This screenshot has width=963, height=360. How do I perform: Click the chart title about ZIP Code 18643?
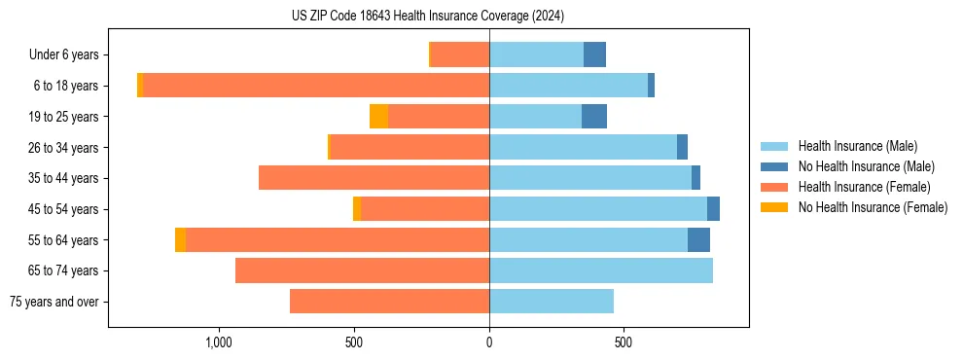[x=427, y=17]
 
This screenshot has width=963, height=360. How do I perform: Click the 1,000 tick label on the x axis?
[x=219, y=342]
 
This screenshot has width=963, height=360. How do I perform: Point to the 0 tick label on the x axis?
[x=489, y=342]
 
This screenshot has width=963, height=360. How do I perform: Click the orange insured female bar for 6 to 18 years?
[x=316, y=86]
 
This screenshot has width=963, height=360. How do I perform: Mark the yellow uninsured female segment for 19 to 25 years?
[x=378, y=117]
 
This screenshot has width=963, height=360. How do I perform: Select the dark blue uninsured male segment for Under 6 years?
[x=594, y=54]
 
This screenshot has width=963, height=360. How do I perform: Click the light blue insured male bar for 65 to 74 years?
[x=601, y=270]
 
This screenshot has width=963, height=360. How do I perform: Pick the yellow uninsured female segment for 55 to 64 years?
[x=180, y=239]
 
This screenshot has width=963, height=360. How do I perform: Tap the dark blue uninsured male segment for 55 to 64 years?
[x=698, y=239]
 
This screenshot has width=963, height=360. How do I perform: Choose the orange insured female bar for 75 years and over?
[x=389, y=302]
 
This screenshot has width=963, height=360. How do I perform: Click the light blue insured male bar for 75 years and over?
[x=552, y=302]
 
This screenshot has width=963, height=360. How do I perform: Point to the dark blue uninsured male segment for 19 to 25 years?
[x=594, y=117]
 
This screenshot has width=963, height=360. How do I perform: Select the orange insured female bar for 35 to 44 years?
[x=374, y=178]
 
